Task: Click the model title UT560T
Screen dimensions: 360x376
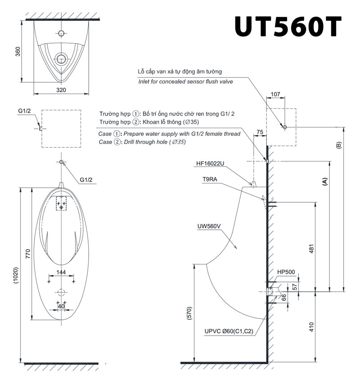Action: pyautogui.click(x=288, y=27)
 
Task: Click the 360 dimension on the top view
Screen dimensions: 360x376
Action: pyautogui.click(x=18, y=52)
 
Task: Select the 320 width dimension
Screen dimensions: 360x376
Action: pyautogui.click(x=61, y=90)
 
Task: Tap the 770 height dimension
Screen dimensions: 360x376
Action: pyautogui.click(x=28, y=254)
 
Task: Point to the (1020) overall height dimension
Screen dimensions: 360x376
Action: pyautogui.click(x=16, y=276)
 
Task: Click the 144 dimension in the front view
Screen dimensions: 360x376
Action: pyautogui.click(x=61, y=272)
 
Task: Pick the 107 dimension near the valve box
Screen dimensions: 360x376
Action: pyautogui.click(x=275, y=94)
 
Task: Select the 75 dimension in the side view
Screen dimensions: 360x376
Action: pyautogui.click(x=260, y=132)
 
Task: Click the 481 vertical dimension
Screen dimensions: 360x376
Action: pyautogui.click(x=311, y=249)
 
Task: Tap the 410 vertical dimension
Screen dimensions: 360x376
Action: pyautogui.click(x=311, y=327)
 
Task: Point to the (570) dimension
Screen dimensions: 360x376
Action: pyautogui.click(x=189, y=313)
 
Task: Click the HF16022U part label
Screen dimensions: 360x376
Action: pyautogui.click(x=210, y=164)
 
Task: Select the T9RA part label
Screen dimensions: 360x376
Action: pyautogui.click(x=210, y=179)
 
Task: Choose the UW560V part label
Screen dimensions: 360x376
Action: pyautogui.click(x=209, y=226)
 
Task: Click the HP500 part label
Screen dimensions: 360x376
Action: pyautogui.click(x=286, y=272)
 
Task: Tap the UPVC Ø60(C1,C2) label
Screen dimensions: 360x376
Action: pyautogui.click(x=229, y=331)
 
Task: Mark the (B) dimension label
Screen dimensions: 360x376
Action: pyautogui.click(x=339, y=145)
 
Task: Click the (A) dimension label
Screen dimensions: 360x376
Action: pyautogui.click(x=324, y=182)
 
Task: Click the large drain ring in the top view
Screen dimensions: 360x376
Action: pyautogui.click(x=61, y=59)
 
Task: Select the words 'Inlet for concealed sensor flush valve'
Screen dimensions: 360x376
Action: pyautogui.click(x=185, y=81)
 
